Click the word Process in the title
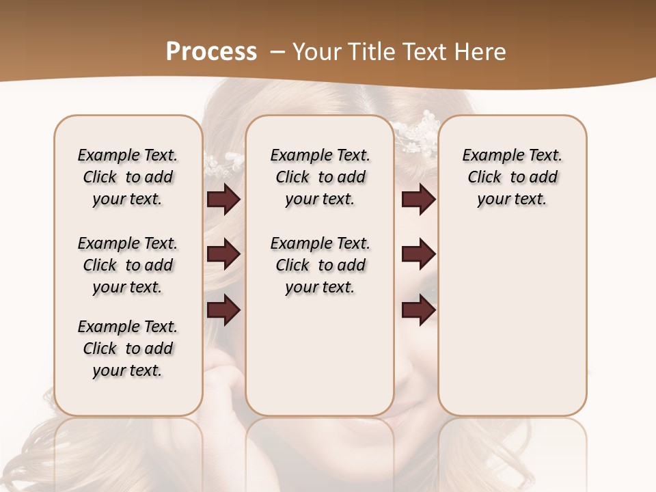[x=211, y=51]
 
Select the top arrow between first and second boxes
[x=223, y=200]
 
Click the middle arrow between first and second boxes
[x=223, y=254]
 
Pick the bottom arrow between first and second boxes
[x=223, y=310]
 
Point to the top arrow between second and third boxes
[x=418, y=200]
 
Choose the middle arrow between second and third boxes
[x=418, y=254]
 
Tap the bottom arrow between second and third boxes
[x=418, y=310]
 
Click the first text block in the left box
[x=128, y=177]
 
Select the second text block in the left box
[x=128, y=265]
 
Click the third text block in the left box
[x=128, y=348]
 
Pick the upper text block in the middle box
[x=320, y=177]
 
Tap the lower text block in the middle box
[x=320, y=265]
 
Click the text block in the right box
[x=512, y=177]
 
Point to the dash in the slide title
[x=278, y=52]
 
